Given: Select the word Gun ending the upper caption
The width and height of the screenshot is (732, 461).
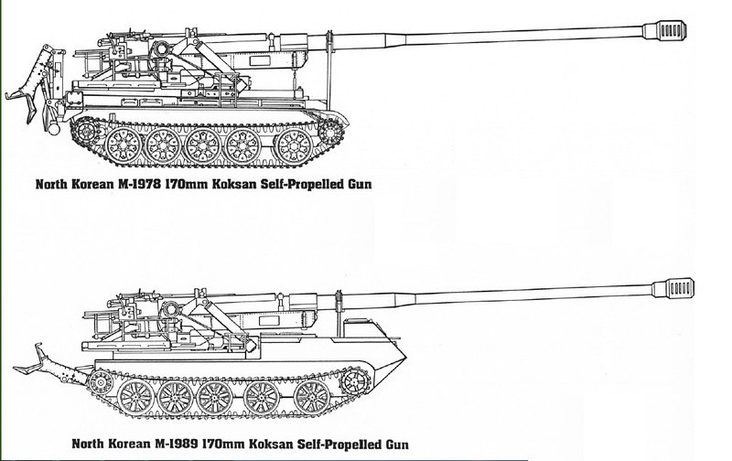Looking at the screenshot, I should (x=364, y=184).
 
